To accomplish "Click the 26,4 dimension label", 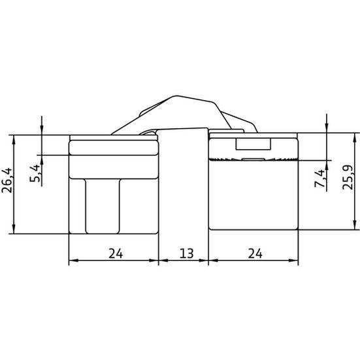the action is [7, 180].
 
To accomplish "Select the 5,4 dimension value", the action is [35, 173].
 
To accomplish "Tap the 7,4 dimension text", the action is [319, 178].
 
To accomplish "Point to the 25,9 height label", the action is [348, 177].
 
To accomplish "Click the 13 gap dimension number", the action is [186, 254].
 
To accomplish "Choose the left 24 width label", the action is [116, 254].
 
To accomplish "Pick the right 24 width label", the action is [255, 254].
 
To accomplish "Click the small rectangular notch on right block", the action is [253, 144].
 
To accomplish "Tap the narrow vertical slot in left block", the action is [103, 206].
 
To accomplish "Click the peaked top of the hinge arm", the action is [176, 95].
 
